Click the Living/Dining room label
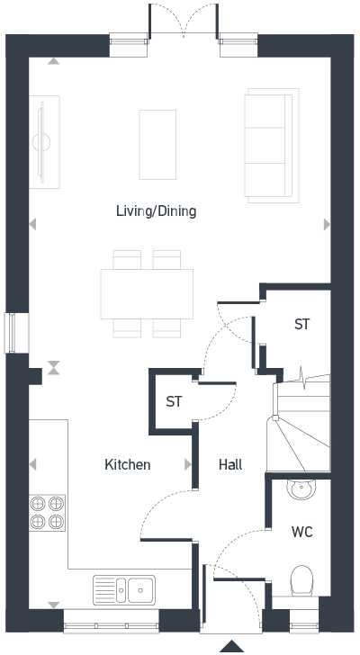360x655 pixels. pyautogui.click(x=156, y=211)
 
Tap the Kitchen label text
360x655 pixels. pyautogui.click(x=128, y=465)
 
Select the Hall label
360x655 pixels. pyautogui.click(x=230, y=465)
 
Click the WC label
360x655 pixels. pyautogui.click(x=301, y=532)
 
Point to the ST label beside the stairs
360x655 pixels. pyautogui.click(x=302, y=325)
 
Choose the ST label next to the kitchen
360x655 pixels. pyautogui.click(x=174, y=402)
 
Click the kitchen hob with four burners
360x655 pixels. pyautogui.click(x=49, y=512)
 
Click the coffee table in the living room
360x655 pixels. pyautogui.click(x=158, y=144)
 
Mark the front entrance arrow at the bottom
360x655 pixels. pyautogui.click(x=232, y=646)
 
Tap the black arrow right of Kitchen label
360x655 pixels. pyautogui.click(x=189, y=465)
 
